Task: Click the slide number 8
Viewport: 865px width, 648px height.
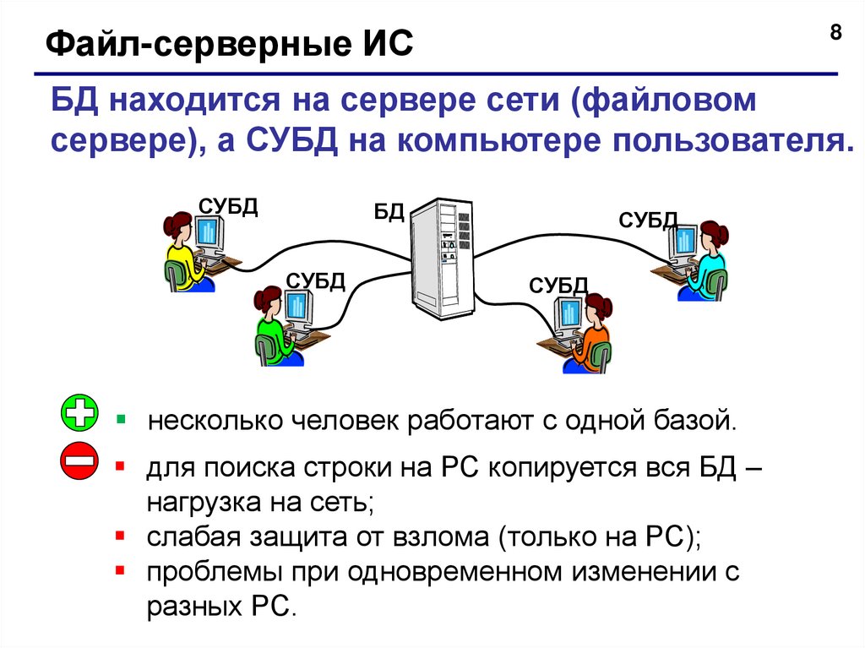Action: (x=835, y=33)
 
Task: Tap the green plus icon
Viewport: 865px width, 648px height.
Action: (x=80, y=415)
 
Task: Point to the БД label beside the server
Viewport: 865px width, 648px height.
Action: (x=389, y=211)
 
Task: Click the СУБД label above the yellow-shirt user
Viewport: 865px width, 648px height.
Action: (x=228, y=205)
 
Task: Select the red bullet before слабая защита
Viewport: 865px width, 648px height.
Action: (x=121, y=536)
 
